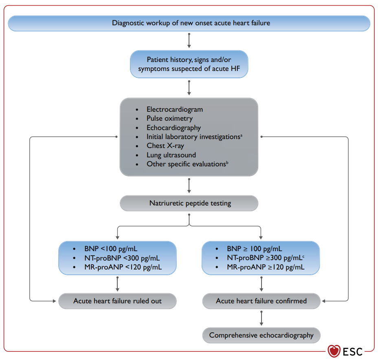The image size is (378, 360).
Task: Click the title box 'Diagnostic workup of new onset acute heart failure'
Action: [189, 23]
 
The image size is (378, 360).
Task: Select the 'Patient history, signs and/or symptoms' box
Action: [189, 64]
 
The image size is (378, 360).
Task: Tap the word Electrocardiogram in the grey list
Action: [175, 109]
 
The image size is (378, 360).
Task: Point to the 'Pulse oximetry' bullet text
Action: [170, 119]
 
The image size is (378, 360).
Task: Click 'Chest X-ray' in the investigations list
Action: [165, 146]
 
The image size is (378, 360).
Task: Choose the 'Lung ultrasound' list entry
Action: [171, 155]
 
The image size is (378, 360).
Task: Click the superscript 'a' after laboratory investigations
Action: [241, 135]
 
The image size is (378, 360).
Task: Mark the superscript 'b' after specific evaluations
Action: [227, 163]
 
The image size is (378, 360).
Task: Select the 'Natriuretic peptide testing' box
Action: [189, 203]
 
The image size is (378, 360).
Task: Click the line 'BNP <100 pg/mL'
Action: [111, 249]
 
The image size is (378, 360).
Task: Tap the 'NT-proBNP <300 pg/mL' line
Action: [122, 258]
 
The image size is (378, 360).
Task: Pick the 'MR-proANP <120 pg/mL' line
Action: [123, 267]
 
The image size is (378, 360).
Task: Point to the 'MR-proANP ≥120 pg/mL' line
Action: [266, 267]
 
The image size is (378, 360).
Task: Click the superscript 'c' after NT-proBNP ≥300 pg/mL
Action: [303, 257]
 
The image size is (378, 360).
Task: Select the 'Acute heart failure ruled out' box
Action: [117, 301]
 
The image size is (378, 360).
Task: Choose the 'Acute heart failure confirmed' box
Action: [262, 301]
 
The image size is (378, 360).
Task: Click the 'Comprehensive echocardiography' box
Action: [262, 336]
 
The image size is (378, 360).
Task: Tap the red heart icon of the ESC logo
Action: [334, 351]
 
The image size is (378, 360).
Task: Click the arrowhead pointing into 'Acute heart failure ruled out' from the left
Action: [55, 301]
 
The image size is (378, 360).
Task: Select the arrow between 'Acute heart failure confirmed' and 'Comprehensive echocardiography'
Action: [262, 318]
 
